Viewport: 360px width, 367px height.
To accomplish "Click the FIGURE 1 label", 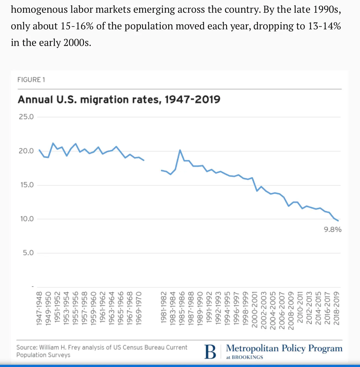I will (31, 80).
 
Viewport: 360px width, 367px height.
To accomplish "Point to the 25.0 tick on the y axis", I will (26, 117).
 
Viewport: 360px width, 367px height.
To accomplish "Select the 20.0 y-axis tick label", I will (26, 151).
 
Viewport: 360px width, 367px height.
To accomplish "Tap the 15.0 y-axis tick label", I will (27, 185).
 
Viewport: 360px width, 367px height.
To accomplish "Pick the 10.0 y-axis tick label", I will (27, 219).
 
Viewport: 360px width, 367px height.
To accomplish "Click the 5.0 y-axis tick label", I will (28, 253).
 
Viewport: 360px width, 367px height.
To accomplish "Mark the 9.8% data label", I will (333, 230).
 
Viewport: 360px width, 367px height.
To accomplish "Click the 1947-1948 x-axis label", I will (39, 308).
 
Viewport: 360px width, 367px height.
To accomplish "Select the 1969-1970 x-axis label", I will (139, 308).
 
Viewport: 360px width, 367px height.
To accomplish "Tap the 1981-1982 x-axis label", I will (164, 308).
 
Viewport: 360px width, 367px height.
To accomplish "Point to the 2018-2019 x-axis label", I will (336, 308).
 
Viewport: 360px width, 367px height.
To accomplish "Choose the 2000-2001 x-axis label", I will (255, 309).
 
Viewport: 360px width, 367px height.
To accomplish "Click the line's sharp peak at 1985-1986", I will (180, 150).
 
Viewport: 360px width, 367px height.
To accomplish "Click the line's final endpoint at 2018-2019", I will (338, 221).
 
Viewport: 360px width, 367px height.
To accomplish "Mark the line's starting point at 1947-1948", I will (39, 150).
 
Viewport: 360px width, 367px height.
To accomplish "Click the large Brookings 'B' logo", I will (210, 352).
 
